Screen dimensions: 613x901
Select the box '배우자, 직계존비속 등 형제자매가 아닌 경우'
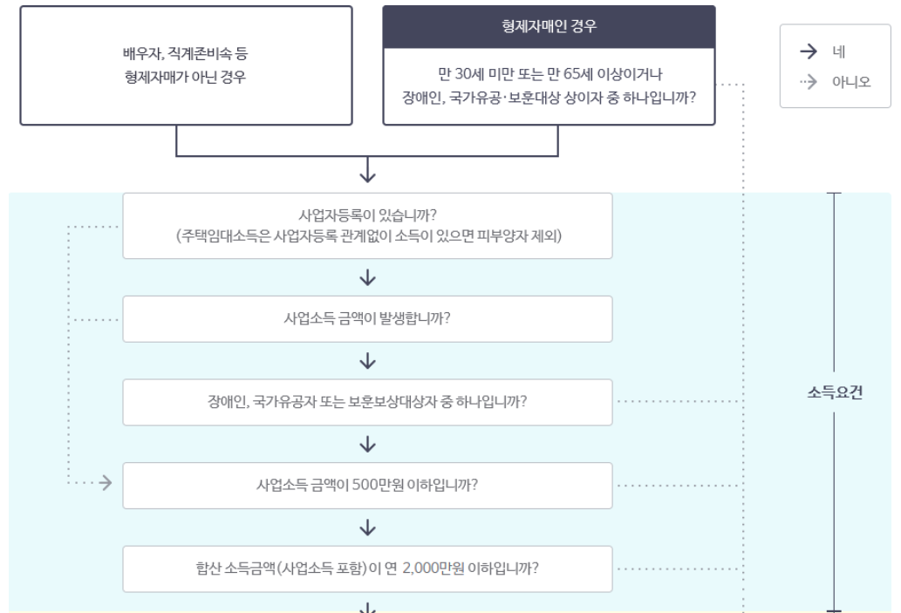coord(185,65)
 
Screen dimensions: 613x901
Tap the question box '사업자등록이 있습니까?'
coord(367,216)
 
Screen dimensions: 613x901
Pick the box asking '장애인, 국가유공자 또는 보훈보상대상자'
coord(367,402)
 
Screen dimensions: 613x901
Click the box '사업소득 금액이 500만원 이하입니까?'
coord(367,485)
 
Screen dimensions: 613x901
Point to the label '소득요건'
coord(835,392)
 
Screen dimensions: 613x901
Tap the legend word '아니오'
coord(850,82)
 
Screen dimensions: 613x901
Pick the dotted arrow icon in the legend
coord(808,82)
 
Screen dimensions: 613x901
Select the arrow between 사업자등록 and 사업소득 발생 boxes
coord(367,277)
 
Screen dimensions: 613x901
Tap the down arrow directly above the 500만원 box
coord(367,445)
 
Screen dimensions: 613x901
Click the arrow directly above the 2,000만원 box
coord(367,528)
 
